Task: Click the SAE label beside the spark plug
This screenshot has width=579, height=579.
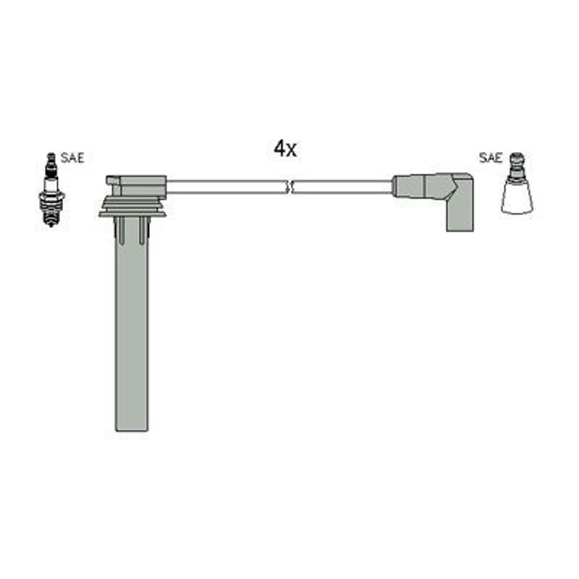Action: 72,158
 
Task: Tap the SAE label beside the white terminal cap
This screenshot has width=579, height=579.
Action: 491,158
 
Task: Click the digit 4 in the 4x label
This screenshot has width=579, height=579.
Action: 279,148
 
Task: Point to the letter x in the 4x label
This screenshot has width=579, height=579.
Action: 291,151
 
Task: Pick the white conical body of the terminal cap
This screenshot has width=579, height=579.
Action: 517,198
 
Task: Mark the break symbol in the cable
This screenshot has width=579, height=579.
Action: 290,187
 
